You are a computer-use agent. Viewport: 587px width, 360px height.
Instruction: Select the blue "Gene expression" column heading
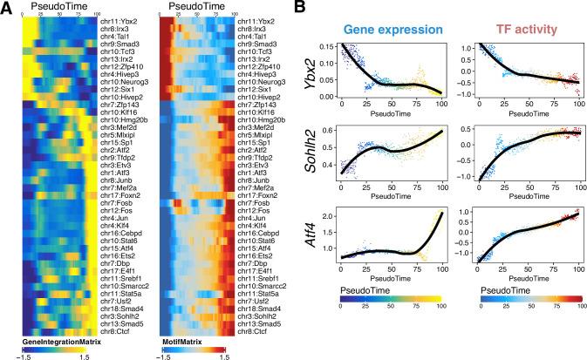point(393,29)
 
